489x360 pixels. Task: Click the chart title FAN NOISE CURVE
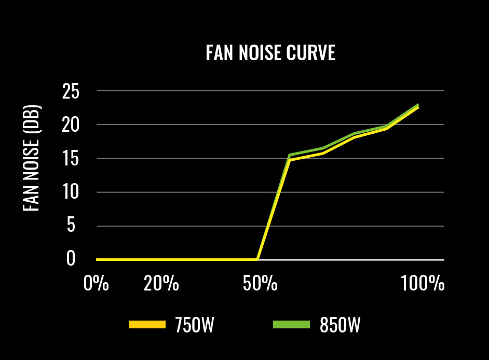(270, 53)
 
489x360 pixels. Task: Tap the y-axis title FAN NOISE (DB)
(32, 158)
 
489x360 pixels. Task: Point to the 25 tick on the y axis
(71, 92)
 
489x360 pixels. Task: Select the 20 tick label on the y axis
(71, 125)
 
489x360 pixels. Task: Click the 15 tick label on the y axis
(71, 159)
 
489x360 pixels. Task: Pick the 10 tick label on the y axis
(71, 192)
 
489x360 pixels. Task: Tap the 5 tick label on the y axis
(71, 226)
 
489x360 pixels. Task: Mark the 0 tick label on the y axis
(71, 259)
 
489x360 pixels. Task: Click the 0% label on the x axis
(97, 284)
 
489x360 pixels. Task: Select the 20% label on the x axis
(161, 284)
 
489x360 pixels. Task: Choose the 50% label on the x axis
(260, 284)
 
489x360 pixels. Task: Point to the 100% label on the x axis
(423, 284)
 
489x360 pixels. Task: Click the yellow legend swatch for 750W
(147, 325)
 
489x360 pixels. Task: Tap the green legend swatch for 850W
(291, 325)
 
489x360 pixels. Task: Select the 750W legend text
(195, 325)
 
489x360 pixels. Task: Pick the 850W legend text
(340, 325)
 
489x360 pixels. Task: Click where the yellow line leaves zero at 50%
(257, 259)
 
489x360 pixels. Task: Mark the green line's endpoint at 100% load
(418, 104)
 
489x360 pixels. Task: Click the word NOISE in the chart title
(255, 53)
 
